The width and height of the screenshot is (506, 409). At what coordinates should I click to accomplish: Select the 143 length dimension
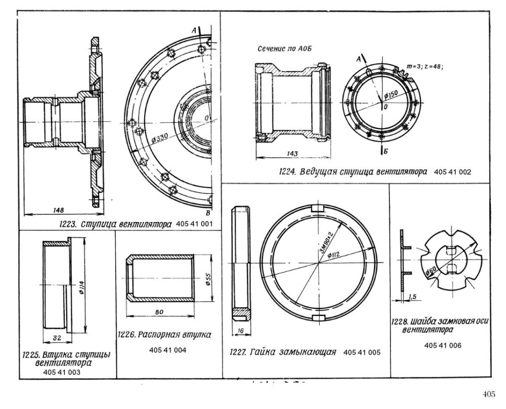click(x=292, y=154)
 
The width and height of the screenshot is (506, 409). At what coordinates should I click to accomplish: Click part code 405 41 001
click(x=194, y=224)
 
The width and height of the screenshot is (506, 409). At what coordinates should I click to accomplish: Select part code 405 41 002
click(x=453, y=173)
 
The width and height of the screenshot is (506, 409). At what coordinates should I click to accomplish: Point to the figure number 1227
click(x=239, y=353)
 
